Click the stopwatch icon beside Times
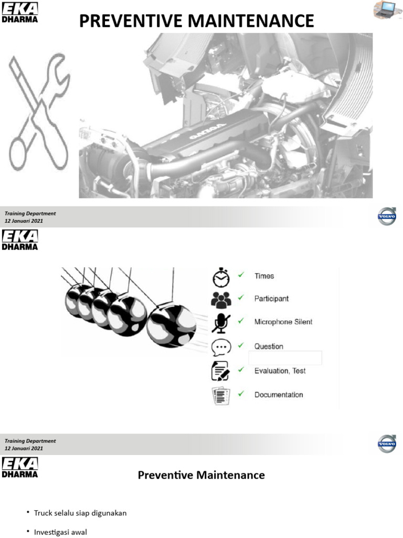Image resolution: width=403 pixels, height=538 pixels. [221, 276]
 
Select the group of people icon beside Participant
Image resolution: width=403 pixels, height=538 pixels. [221, 299]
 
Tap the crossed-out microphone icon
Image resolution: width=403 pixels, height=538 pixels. [220, 323]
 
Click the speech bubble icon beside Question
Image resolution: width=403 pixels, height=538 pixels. [220, 347]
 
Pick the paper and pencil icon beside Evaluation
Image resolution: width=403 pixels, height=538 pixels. [220, 371]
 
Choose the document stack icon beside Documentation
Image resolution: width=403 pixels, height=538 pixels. [220, 395]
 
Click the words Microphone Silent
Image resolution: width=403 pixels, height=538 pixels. [283, 322]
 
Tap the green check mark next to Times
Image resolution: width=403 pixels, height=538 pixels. [241, 275]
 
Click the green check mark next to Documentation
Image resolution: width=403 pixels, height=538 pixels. [241, 394]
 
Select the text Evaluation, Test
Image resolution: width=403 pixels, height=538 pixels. [280, 370]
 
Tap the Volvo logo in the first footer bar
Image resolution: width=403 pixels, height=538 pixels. [387, 216]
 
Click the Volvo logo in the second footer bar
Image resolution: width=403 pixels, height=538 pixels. [387, 444]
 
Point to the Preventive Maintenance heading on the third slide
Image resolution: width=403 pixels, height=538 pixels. [201, 475]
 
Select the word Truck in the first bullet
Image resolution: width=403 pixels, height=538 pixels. [43, 513]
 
